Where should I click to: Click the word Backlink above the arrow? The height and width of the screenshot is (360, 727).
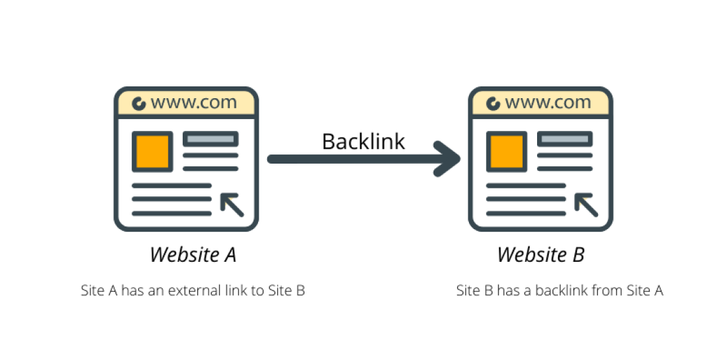(363, 141)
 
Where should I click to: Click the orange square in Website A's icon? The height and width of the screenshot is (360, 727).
(152, 151)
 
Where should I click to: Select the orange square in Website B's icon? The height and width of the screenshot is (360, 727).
(507, 151)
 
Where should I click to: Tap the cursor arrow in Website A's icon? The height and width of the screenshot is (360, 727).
(232, 204)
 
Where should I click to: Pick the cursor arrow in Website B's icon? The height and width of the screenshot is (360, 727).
(586, 204)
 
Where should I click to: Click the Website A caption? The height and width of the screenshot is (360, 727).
(193, 255)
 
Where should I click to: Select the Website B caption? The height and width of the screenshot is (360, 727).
(540, 255)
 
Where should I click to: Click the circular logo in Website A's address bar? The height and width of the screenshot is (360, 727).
(139, 103)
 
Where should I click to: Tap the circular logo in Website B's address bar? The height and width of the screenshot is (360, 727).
(493, 103)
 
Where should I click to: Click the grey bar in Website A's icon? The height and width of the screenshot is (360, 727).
(210, 139)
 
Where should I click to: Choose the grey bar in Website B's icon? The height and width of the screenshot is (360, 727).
(565, 139)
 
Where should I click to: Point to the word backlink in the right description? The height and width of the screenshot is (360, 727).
(560, 291)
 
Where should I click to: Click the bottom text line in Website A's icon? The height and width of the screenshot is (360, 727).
(172, 213)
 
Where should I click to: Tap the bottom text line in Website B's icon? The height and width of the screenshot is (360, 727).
(526, 213)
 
